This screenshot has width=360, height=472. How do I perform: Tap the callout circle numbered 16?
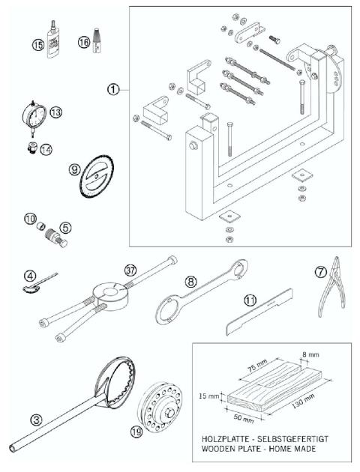pos(84,44)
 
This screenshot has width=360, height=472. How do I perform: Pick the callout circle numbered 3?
pos(36,415)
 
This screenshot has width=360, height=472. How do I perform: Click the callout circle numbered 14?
pos(48,149)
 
